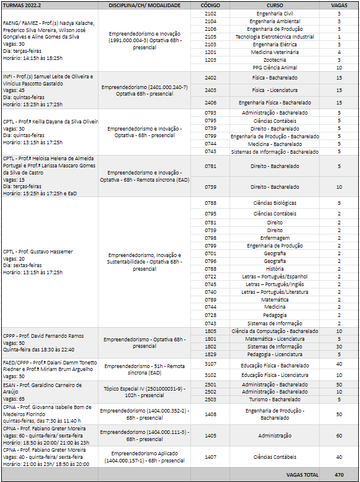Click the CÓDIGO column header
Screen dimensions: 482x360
tap(210, 4)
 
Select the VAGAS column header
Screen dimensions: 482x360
tap(339, 4)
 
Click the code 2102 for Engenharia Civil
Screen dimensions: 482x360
tap(210, 12)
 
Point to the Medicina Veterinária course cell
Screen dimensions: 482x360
tap(275, 52)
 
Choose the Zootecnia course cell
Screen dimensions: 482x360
tap(275, 59)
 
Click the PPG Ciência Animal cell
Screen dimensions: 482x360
tap(275, 67)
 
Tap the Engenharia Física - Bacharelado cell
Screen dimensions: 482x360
tap(275, 102)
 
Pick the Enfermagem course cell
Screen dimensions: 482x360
tap(275, 238)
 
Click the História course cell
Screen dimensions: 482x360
tap(275, 268)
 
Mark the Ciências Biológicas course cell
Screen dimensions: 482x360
tap(275, 203)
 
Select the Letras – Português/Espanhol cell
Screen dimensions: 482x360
tap(275, 276)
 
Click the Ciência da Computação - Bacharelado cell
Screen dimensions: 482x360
tap(275, 331)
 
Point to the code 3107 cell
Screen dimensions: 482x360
tap(210, 364)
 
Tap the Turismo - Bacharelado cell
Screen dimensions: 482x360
tap(275, 399)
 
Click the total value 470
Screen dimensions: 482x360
tap(339, 475)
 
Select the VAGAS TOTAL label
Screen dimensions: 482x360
tap(302, 475)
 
